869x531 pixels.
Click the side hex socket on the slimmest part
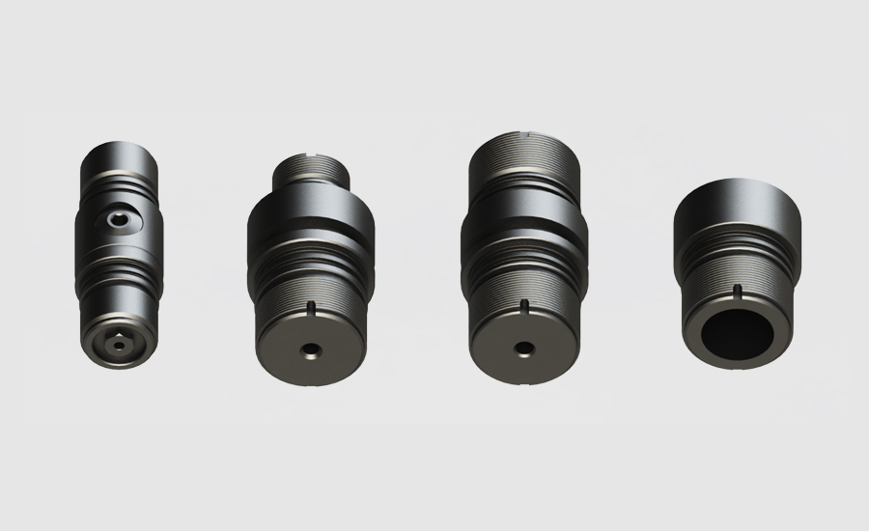119,223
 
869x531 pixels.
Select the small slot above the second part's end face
310,308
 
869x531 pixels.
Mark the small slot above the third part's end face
525,307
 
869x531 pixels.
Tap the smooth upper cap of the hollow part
740,212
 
